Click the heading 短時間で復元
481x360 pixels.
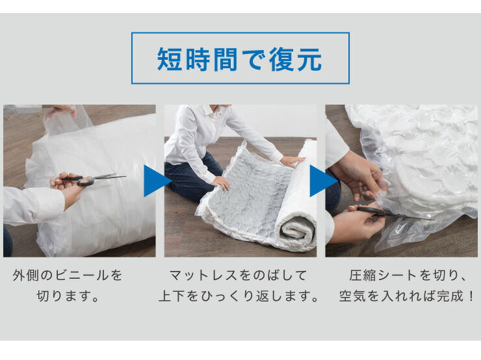pyautogui.click(x=240, y=59)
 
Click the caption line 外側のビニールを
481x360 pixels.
pyautogui.click(x=68, y=275)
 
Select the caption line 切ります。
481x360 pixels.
pyautogui.click(x=68, y=297)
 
